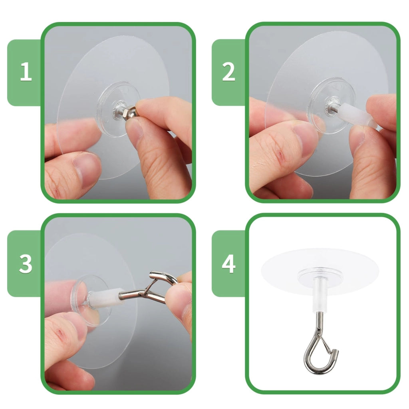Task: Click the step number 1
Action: click(26, 71)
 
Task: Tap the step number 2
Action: click(229, 71)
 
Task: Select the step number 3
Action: click(26, 264)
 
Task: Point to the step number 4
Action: click(229, 264)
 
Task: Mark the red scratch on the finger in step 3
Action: click(60, 332)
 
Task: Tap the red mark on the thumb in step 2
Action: click(281, 155)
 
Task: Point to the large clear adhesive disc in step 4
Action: click(320, 271)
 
